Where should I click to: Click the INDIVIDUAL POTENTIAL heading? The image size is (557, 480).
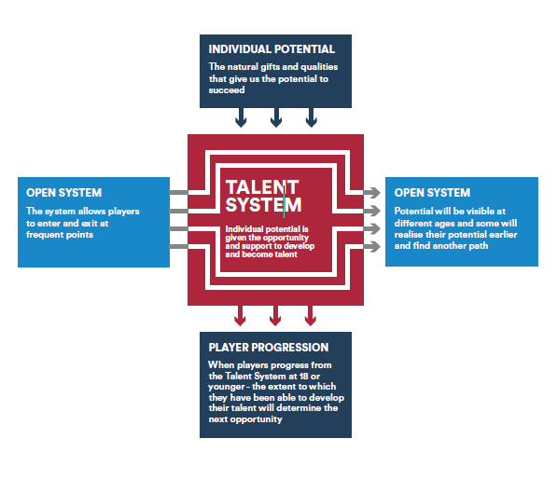[272, 49]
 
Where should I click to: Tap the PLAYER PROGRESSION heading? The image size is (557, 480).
[269, 348]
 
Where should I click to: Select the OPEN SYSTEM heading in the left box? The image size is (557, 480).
[64, 193]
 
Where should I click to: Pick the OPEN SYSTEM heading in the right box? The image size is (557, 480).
[432, 193]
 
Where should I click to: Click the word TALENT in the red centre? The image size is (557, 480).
[262, 187]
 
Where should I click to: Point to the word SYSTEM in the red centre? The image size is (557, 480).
[264, 205]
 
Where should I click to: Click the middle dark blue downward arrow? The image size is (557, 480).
[276, 117]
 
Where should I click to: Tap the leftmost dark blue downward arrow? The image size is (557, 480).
[241, 117]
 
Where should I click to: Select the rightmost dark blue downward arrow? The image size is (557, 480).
[312, 117]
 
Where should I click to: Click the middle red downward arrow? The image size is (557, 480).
[275, 315]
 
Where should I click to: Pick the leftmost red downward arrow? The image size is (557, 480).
[240, 315]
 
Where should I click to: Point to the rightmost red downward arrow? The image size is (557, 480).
[310, 315]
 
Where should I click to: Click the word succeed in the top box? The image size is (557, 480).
[227, 90]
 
